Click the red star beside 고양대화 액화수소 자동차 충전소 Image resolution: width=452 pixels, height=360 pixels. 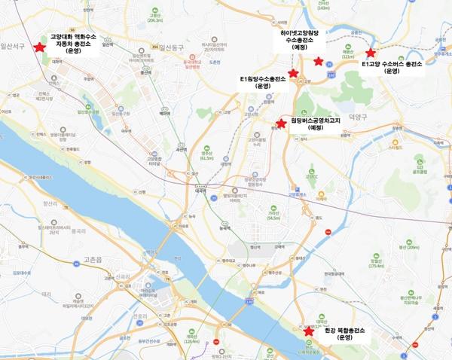(x=29, y=47)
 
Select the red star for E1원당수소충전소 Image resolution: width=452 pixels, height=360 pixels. (x=293, y=73)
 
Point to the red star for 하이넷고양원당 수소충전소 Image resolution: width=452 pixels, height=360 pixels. (x=319, y=61)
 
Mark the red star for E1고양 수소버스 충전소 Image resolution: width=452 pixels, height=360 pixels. (x=370, y=53)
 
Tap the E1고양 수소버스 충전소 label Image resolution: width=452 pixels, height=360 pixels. (x=392, y=65)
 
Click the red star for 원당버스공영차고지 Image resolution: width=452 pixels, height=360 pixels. (x=281, y=124)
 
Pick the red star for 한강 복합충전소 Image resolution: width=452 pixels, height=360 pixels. (x=308, y=331)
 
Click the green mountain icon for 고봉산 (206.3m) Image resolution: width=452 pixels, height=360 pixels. (x=156, y=13)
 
